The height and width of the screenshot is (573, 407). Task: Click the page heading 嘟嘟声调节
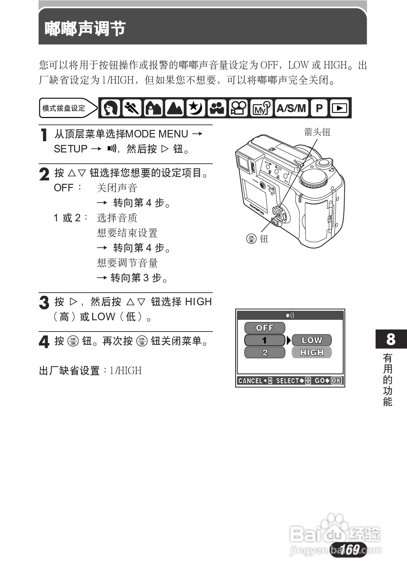(x=85, y=29)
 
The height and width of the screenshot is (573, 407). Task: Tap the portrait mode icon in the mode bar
(x=111, y=108)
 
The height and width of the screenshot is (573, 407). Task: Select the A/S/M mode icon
(x=291, y=108)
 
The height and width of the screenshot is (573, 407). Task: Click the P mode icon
(x=319, y=108)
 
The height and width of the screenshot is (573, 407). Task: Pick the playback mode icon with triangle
(x=339, y=108)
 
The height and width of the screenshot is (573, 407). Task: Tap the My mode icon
(x=261, y=108)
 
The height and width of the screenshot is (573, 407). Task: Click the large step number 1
(x=44, y=135)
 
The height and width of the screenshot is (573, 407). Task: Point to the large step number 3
(x=44, y=303)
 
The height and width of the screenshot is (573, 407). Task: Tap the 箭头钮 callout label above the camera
(x=317, y=132)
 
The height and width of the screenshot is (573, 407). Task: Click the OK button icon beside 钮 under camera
(x=251, y=238)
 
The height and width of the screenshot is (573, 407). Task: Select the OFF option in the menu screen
(x=265, y=328)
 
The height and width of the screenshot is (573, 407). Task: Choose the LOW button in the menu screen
(x=311, y=340)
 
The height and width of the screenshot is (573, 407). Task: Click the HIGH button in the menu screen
(x=311, y=352)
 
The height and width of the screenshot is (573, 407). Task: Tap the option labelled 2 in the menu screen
(x=265, y=352)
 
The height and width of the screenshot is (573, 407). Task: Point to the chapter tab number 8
(x=391, y=339)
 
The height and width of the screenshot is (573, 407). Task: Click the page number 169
(x=349, y=549)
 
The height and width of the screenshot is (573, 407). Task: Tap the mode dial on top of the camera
(x=314, y=178)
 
